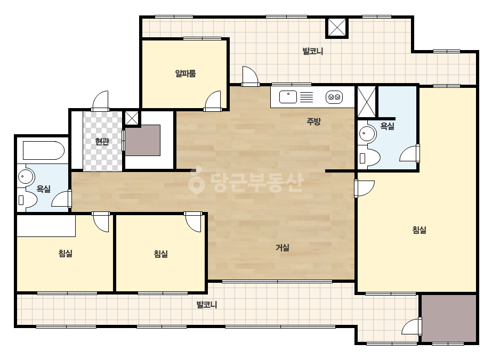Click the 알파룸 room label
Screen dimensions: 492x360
click(x=185, y=73)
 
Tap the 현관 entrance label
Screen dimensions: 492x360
click(x=102, y=142)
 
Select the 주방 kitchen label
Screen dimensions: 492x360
click(x=313, y=121)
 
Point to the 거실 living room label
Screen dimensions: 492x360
click(x=283, y=248)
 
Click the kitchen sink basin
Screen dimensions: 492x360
click(x=288, y=97)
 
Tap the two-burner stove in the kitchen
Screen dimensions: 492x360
click(x=334, y=97)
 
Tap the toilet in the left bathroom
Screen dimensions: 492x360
click(x=27, y=199)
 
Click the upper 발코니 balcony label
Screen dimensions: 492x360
click(x=312, y=51)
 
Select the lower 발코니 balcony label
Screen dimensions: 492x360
click(x=206, y=305)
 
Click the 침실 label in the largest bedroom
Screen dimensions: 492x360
click(x=419, y=230)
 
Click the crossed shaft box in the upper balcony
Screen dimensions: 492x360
click(x=337, y=28)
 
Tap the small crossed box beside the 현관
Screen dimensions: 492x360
click(x=132, y=118)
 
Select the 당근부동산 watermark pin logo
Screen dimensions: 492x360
click(x=196, y=180)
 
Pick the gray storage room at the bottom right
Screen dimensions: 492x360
click(x=449, y=318)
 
